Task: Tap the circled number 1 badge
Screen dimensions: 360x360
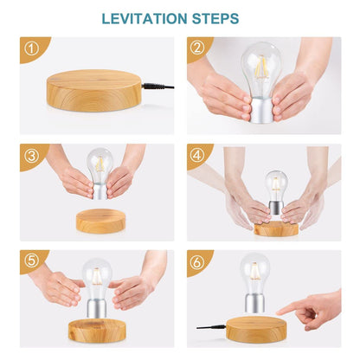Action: point(32,49)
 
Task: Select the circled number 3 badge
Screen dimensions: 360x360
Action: point(32,156)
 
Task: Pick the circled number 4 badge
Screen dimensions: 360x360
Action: point(197,156)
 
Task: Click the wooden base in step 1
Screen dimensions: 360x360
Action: point(93,88)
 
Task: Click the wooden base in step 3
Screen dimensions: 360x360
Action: point(100,220)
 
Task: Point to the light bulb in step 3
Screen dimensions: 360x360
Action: point(100,164)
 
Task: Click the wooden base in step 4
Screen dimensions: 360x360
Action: point(276,228)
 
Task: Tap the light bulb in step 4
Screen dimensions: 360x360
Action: point(276,186)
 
